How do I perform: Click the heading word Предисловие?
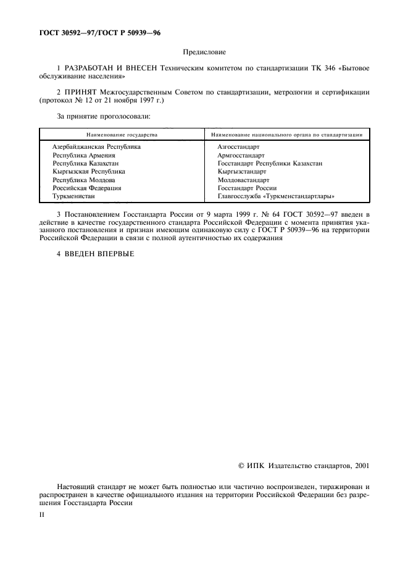(x=204, y=53)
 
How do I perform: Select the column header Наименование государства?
(x=121, y=134)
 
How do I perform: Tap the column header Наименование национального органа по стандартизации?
(x=286, y=134)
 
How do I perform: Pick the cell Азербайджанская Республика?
(x=96, y=147)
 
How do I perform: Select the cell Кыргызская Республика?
(x=89, y=172)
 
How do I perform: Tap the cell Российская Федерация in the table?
(x=86, y=188)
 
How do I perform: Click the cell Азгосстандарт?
(x=239, y=147)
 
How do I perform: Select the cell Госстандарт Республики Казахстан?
(x=270, y=164)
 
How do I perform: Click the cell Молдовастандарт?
(x=243, y=180)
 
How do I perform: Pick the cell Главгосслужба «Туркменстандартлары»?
(x=276, y=196)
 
